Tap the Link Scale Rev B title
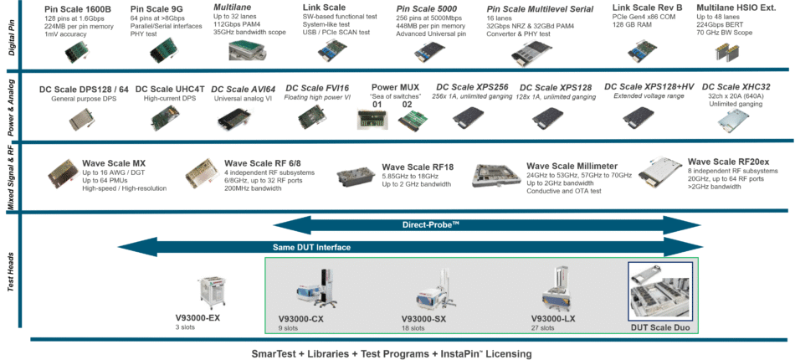(647, 8)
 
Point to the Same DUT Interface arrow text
(311, 247)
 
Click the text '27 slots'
(544, 328)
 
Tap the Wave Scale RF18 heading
(418, 167)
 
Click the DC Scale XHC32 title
(736, 87)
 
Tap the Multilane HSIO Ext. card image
(729, 51)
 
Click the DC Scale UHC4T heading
(170, 89)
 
